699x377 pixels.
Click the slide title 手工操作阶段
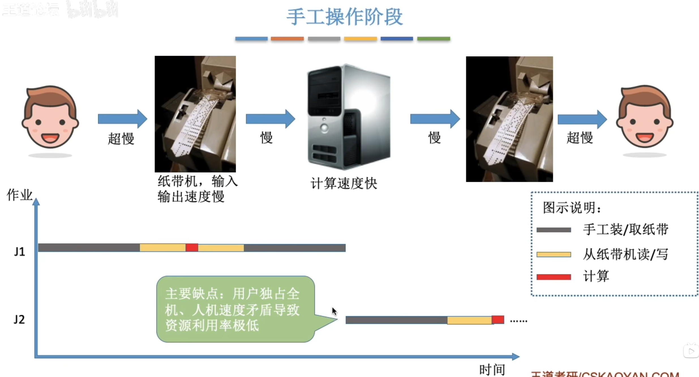344,17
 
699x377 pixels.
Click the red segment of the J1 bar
192,248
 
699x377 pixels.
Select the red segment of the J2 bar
498,320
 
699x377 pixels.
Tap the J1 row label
20,251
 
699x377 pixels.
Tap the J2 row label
19,319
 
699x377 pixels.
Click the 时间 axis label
492,369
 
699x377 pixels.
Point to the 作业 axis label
20,195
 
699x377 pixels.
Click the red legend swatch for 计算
554,277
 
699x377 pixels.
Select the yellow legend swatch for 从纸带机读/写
554,255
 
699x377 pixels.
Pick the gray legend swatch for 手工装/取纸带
554,230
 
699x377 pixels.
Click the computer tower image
349,117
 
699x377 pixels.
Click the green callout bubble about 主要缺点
235,309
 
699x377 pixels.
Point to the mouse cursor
334,311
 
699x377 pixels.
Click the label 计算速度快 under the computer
344,184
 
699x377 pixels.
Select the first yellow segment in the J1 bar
162,248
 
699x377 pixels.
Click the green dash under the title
434,39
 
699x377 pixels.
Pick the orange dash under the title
287,39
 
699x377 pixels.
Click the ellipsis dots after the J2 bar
518,321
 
